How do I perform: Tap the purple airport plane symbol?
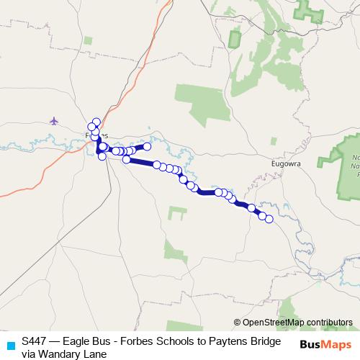tap(54, 120)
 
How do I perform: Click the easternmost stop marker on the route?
tap(270, 219)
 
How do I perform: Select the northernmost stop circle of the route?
tap(96, 122)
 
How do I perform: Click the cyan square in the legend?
tap(9, 344)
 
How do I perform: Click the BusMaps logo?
tap(325, 344)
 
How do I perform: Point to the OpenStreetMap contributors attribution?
tap(293, 323)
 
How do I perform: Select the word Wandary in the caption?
tap(57, 354)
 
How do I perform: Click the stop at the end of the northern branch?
tap(147, 146)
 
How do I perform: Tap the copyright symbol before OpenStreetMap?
tap(237, 323)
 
